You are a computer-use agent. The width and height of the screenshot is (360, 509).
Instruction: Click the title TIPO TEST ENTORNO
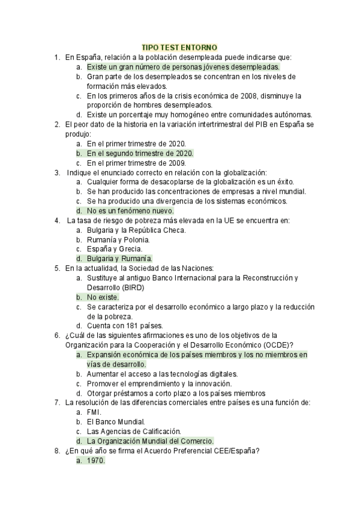179,47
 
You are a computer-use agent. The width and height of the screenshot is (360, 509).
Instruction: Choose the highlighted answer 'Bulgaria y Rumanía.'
119,259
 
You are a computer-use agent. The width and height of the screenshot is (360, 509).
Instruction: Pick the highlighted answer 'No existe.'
103,297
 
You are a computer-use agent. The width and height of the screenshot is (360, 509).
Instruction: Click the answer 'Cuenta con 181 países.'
124,326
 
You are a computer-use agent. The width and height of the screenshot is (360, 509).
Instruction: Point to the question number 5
56,268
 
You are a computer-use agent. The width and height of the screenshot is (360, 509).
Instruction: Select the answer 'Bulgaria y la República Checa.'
136,230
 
